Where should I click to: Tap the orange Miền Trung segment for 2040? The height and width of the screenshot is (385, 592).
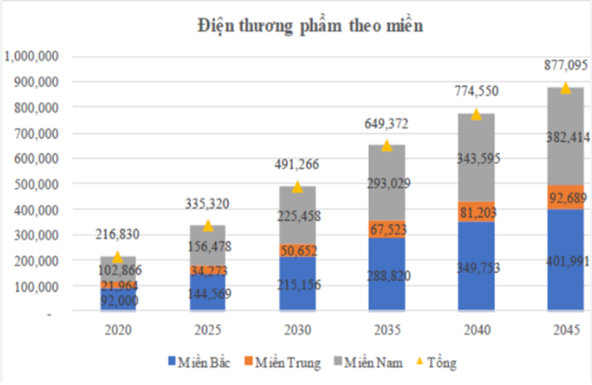(x=476, y=211)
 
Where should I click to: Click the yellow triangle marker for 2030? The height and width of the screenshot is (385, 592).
(x=297, y=186)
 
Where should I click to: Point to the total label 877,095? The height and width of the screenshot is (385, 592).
(x=565, y=64)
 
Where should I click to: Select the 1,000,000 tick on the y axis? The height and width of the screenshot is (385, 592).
(x=31, y=56)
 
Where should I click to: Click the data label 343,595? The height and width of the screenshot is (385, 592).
(x=476, y=157)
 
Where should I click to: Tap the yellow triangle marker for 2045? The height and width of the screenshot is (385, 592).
(x=565, y=87)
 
